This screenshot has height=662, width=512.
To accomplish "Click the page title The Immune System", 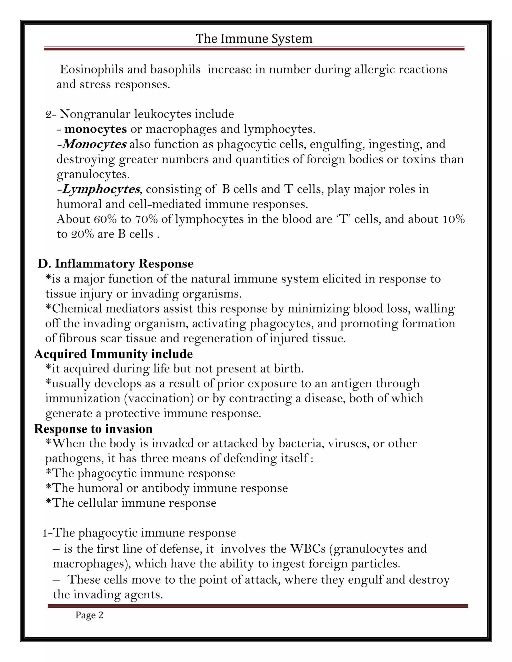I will coord(254,39).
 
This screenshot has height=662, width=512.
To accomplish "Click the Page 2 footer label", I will coord(89,615).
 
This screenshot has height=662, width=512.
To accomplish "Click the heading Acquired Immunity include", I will coord(113,354).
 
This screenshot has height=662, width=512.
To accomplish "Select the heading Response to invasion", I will coord(93,429).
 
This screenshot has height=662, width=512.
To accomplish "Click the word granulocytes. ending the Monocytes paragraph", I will coord(93,174).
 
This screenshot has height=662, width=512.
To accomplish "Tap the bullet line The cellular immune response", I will coord(131,503).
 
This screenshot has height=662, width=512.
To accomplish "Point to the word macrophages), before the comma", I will coord(92,564).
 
